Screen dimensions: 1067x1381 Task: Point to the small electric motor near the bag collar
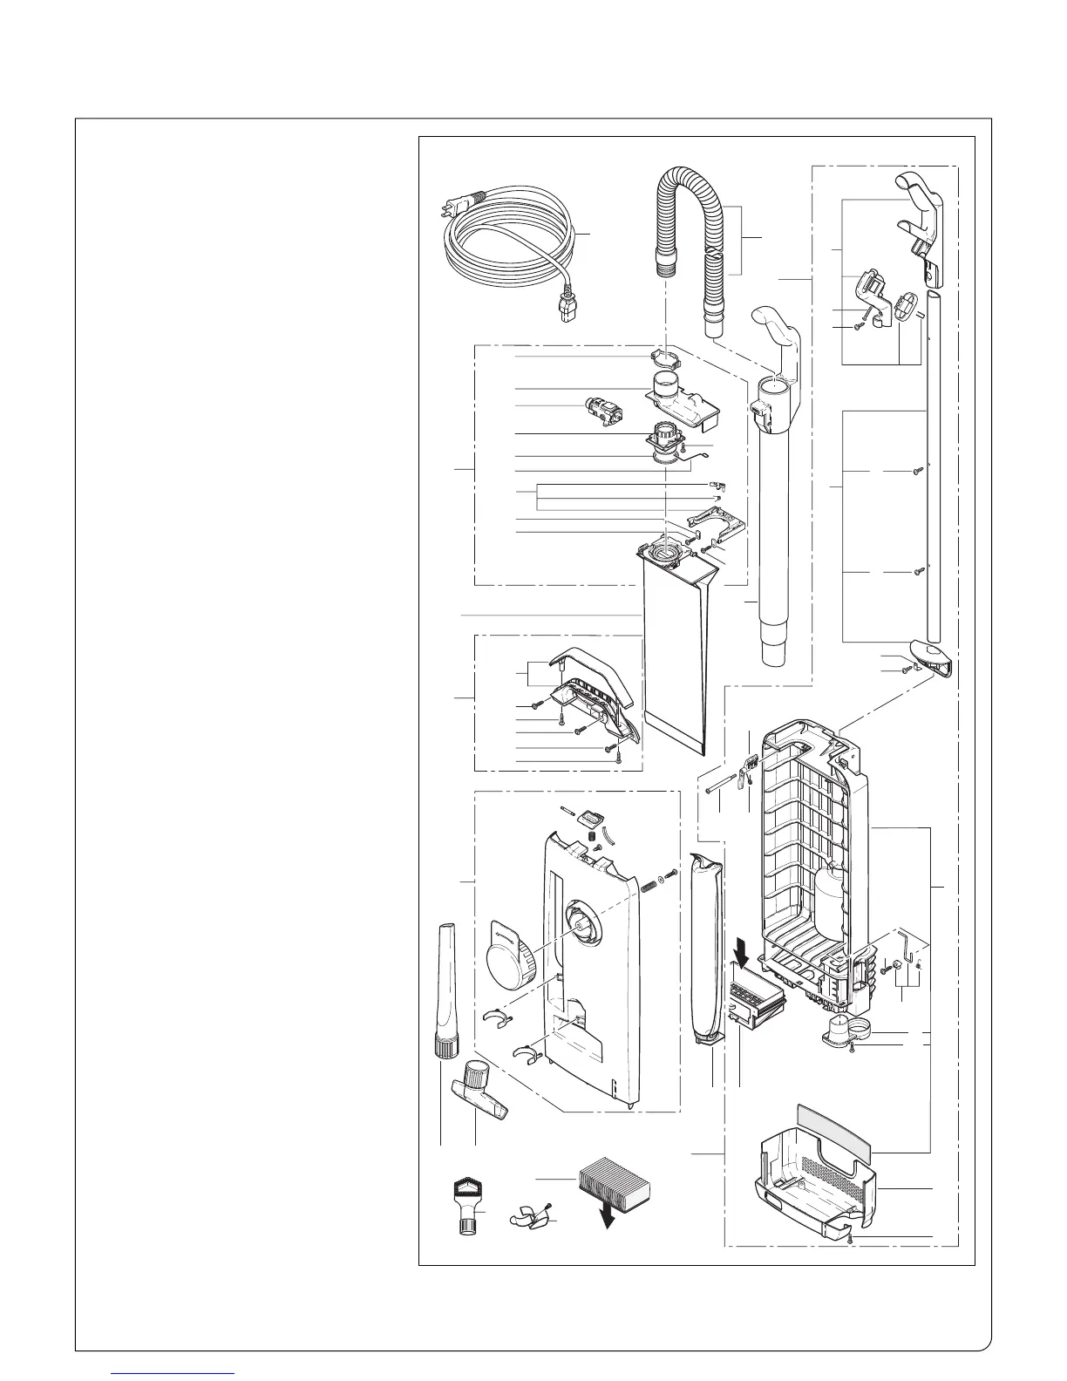click(602, 414)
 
